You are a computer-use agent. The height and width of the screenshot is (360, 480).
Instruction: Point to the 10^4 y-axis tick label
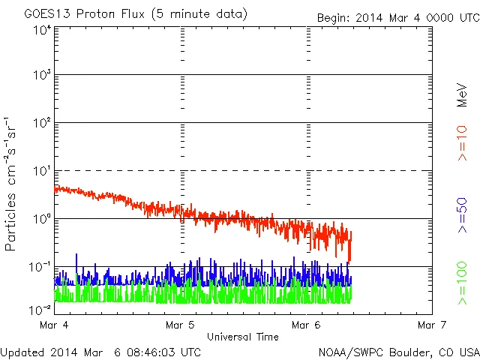(x=41, y=30)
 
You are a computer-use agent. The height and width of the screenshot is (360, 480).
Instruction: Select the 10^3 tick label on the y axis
(x=41, y=76)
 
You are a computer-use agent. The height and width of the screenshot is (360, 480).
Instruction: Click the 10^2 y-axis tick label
(x=41, y=124)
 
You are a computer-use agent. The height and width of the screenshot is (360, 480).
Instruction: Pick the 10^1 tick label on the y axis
(x=41, y=172)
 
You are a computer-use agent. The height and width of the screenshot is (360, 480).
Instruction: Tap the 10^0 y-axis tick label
(x=41, y=220)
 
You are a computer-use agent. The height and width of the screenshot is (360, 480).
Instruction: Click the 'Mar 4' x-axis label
(x=53, y=325)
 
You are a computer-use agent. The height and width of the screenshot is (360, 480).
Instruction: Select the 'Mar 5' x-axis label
(x=180, y=325)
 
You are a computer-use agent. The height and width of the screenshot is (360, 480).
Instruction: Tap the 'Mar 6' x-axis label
(x=306, y=325)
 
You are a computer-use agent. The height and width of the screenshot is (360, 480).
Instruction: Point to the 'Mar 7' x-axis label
(x=432, y=325)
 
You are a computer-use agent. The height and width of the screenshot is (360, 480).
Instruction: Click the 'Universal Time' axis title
(x=243, y=337)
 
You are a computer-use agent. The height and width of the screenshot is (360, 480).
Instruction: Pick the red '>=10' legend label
(x=463, y=143)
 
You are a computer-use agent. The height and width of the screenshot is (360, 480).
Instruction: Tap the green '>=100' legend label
(x=463, y=283)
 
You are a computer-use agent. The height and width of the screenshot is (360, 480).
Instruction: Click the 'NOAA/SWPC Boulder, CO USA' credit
(x=399, y=352)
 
